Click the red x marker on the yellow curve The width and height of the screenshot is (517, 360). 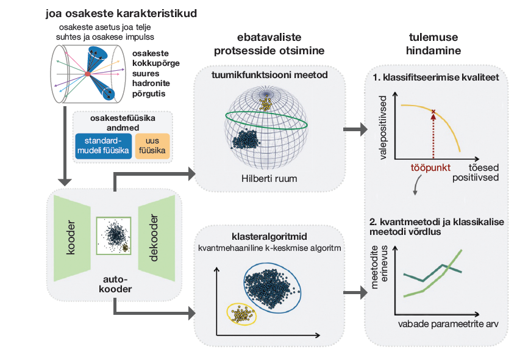[433, 112]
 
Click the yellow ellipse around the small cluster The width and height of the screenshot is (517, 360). [242, 313]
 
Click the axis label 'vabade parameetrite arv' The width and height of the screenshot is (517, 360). [449, 324]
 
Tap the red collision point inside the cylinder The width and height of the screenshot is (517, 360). [87, 74]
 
